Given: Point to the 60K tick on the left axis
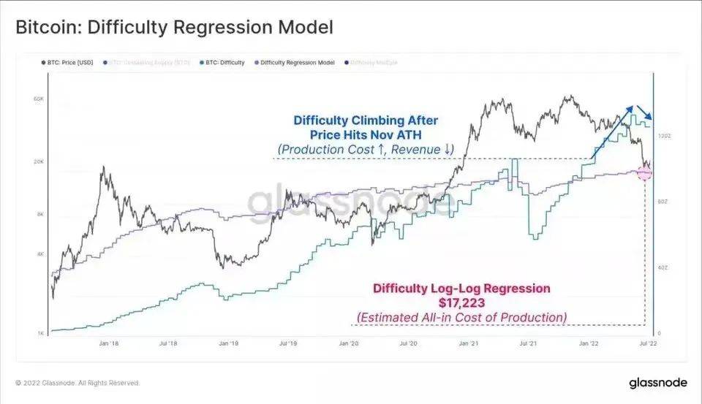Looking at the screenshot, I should point(40,98).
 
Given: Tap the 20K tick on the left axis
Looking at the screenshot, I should point(40,162).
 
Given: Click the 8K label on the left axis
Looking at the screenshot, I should point(41,215).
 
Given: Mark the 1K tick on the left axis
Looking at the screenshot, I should point(41,334).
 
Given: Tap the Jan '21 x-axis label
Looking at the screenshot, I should point(469,343).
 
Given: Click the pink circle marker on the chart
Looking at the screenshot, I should point(644,172).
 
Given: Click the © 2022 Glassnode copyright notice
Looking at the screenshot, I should point(77,383).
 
